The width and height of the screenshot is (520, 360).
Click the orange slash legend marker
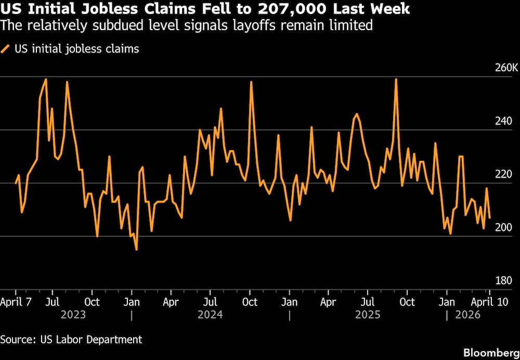[6, 49]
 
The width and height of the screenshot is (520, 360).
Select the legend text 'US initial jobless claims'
[76, 49]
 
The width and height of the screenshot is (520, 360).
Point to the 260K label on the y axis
[506, 68]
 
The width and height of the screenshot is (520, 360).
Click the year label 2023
[73, 315]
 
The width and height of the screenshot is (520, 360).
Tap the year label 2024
[210, 315]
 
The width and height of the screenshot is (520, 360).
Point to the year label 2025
[368, 315]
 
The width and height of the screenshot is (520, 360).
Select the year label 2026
[467, 315]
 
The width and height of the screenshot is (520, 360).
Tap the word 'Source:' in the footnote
[18, 339]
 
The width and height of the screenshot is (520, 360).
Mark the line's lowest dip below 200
[136, 250]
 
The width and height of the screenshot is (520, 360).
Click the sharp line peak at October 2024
[251, 82]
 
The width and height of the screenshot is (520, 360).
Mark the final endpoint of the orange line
[490, 218]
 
